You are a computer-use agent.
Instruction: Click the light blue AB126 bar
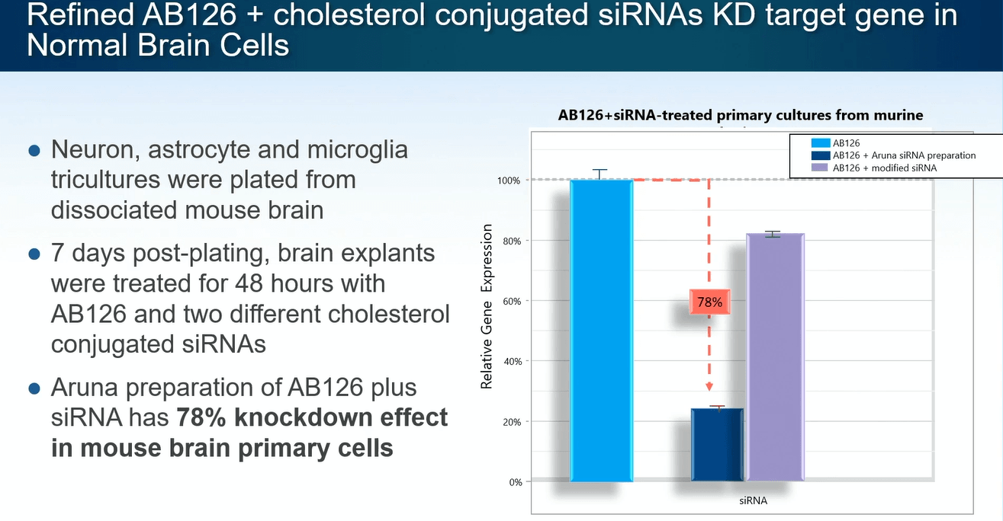pos(602,331)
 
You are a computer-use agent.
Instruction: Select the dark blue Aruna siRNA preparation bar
pos(717,445)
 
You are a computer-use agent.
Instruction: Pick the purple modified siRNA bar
pos(775,358)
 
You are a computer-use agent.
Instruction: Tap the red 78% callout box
pos(709,302)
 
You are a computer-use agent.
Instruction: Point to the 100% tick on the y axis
pos(510,181)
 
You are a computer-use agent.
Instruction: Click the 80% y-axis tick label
pos(512,241)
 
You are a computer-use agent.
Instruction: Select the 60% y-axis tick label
pos(512,301)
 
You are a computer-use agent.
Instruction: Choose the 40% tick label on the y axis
pos(512,361)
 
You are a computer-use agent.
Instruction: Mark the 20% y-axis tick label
pos(512,421)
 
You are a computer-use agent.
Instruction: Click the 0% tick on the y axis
pos(514,481)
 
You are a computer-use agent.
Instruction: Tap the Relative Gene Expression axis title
pos(486,306)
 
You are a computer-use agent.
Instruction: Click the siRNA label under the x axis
pos(752,501)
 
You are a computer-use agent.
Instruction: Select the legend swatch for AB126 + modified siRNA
pos(821,168)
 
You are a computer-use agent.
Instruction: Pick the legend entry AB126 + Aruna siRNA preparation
pos(904,155)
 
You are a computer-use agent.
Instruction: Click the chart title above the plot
pos(741,115)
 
